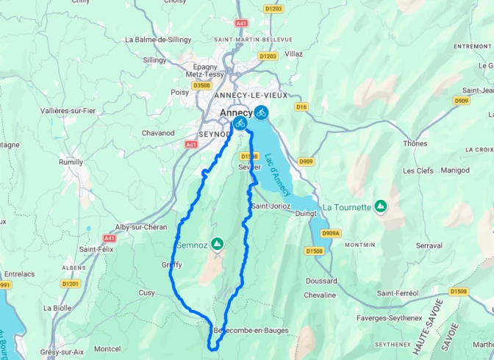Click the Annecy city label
(x=236, y=112)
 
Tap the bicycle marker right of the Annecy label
(x=261, y=112)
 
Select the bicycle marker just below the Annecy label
(x=240, y=123)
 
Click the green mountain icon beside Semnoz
(x=217, y=243)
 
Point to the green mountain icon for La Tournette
(x=380, y=207)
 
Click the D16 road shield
(x=301, y=107)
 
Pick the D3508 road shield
(x=201, y=84)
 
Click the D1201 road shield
(x=71, y=283)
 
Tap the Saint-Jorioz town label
(x=271, y=206)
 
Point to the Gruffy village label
(x=171, y=264)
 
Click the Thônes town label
(x=414, y=143)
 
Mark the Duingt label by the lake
(x=304, y=214)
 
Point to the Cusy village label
(x=147, y=292)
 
